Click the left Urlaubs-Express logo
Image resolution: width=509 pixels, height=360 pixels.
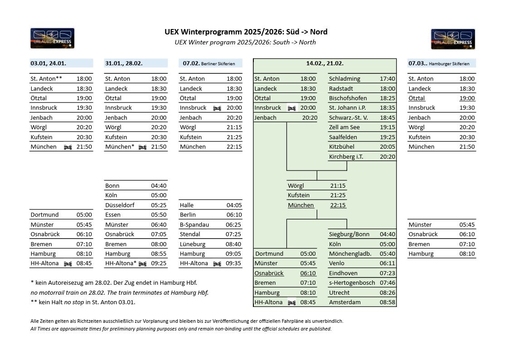click(52, 38)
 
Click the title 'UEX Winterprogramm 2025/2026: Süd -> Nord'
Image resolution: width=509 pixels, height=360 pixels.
click(246, 32)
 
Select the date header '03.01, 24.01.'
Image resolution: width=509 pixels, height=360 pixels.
click(48, 63)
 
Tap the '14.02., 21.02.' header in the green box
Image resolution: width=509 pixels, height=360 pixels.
click(325, 63)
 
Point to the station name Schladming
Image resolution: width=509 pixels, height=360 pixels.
click(344, 79)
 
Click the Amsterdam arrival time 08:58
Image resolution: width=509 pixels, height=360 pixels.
click(387, 302)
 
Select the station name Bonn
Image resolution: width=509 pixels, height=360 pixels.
click(112, 186)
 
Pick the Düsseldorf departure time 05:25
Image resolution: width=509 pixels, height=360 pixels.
click(159, 205)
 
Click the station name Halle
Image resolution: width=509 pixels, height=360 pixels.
click(187, 205)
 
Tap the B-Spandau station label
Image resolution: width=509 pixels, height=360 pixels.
click(194, 225)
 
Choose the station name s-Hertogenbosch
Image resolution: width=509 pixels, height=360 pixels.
click(352, 283)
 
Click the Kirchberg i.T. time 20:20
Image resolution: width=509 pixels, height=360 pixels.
click(387, 157)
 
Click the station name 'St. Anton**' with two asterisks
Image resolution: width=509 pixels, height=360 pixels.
click(46, 79)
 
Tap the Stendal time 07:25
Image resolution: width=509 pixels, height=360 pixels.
click(233, 234)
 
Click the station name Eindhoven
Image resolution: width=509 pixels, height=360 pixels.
click(343, 273)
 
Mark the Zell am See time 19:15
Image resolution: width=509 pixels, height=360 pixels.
click(387, 127)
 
